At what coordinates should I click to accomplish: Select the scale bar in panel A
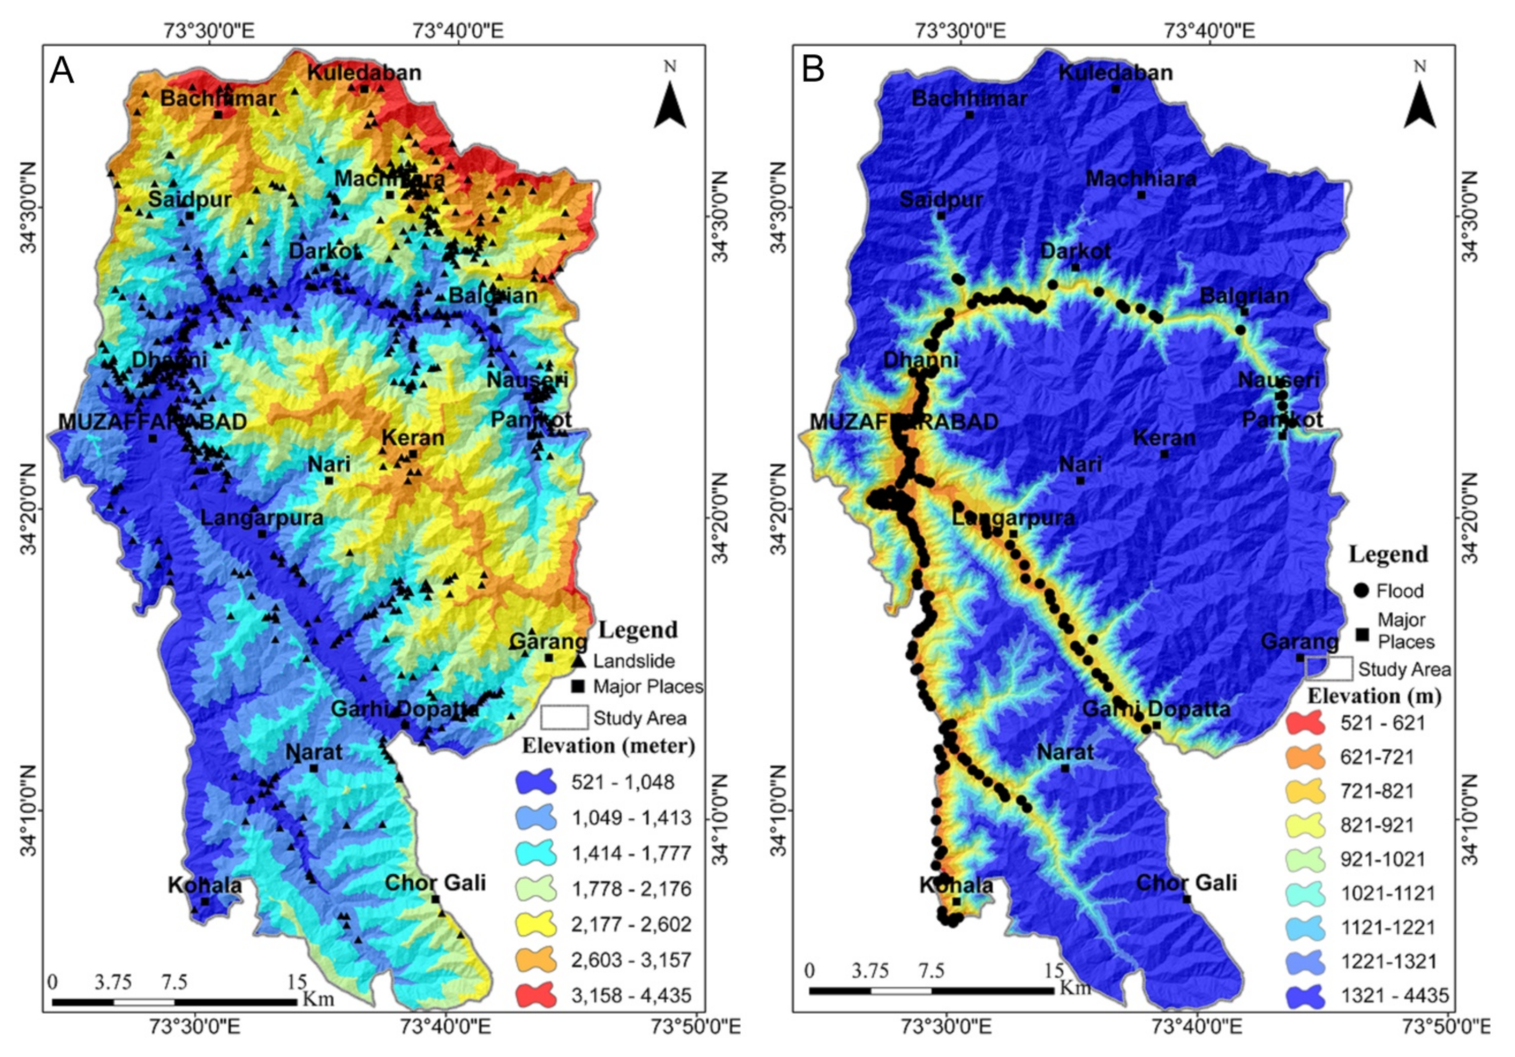[174, 1002]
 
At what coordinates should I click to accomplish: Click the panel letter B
[813, 69]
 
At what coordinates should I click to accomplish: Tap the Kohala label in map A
[205, 885]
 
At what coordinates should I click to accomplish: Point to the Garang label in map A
[549, 641]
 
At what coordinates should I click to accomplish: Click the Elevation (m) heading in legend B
[1375, 696]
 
